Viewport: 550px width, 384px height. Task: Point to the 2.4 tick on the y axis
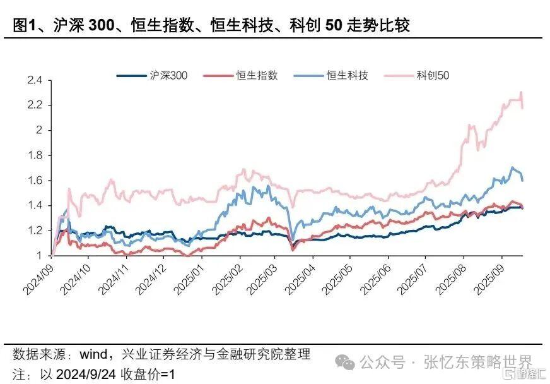tap(35, 81)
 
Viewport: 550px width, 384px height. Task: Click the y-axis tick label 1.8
tap(35, 155)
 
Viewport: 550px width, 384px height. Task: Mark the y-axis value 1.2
tap(35, 231)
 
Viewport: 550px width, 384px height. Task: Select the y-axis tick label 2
tap(38, 130)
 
